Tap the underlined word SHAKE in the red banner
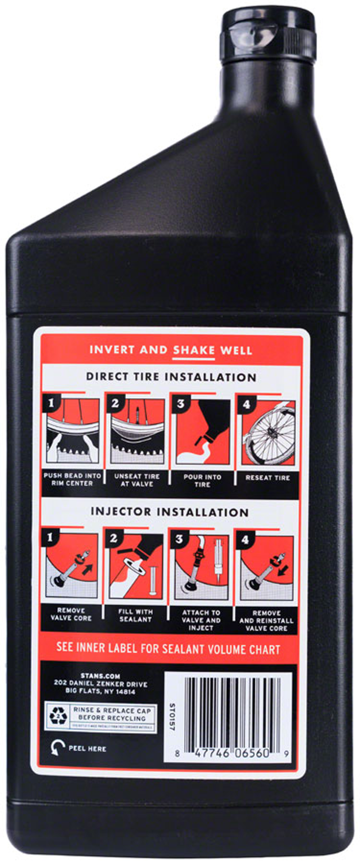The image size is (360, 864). click(194, 350)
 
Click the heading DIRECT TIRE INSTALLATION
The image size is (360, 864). click(171, 377)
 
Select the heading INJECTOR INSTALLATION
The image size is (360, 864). click(169, 512)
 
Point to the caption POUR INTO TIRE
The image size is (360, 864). click(202, 481)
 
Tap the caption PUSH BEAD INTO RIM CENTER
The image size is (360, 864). click(72, 479)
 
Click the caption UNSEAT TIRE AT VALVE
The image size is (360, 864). click(137, 480)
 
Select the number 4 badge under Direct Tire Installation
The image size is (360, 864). click(246, 404)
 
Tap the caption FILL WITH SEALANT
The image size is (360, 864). click(135, 615)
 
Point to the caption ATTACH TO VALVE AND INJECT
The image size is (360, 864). click(201, 620)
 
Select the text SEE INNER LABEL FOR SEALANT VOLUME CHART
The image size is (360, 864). click(168, 649)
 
